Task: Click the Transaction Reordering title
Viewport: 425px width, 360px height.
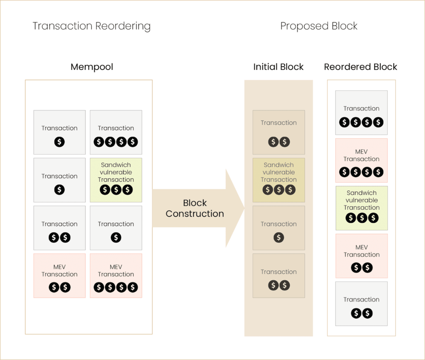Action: coord(91,26)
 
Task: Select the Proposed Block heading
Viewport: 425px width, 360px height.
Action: coord(319,26)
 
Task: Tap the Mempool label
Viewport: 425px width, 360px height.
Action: coord(92,67)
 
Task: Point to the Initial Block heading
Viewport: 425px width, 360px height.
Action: coord(278,67)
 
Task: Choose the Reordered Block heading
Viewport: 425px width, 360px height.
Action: coord(361,67)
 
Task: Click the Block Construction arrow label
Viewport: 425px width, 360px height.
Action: coord(195,208)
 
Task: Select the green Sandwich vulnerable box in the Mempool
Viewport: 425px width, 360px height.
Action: coord(116,180)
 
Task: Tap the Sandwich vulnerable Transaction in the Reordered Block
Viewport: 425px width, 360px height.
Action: coord(361,208)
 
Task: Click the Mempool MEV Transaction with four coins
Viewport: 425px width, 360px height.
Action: coord(116,276)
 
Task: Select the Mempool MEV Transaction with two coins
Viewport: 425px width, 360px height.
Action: coord(59,276)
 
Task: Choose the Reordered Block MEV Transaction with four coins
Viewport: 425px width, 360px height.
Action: coord(361,160)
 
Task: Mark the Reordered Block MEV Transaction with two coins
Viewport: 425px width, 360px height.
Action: coord(361,256)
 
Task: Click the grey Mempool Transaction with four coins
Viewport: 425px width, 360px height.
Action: coord(116,132)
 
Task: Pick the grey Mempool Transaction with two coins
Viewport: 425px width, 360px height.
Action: coord(59,228)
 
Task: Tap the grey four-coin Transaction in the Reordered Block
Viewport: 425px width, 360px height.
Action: coord(361,113)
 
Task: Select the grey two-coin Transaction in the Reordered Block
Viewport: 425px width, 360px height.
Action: coord(361,304)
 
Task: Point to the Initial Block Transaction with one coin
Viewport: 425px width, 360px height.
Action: coord(278,228)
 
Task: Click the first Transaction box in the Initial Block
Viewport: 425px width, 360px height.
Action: coord(278,132)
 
